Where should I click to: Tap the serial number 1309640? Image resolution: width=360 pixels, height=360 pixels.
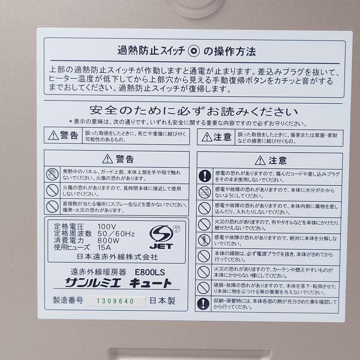[x=115, y=301]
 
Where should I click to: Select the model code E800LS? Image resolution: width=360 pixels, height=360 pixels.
[x=150, y=272]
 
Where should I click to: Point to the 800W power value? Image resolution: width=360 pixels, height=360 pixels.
[x=108, y=240]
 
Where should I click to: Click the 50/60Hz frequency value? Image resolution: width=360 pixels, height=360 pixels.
[x=116, y=233]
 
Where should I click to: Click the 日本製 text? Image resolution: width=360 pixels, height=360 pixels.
[x=163, y=300]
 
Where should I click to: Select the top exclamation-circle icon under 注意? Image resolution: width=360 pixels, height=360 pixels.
[x=204, y=176]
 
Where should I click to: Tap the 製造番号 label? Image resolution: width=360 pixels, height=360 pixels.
[x=68, y=300]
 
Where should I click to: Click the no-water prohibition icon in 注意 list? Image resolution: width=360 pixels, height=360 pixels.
[x=204, y=192]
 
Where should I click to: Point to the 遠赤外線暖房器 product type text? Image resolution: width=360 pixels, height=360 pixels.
[x=99, y=272]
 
